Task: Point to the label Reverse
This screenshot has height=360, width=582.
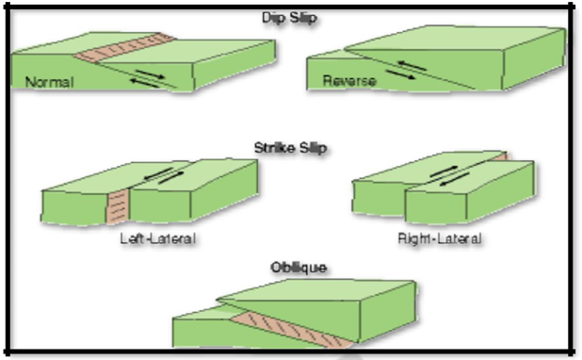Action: [x=349, y=81]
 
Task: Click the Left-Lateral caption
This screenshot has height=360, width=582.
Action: [x=157, y=238]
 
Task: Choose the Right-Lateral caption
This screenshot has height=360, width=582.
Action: [x=439, y=239]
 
